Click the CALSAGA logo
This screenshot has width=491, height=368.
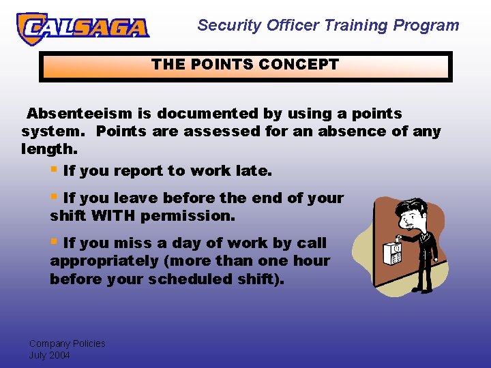point(83,27)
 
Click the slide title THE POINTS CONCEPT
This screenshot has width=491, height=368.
point(245,65)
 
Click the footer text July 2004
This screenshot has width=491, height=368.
point(49,355)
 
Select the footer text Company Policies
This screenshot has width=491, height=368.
point(67,343)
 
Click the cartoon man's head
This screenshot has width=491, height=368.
point(414,216)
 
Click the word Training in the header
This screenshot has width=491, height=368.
point(355,26)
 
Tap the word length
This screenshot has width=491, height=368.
point(50,148)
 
